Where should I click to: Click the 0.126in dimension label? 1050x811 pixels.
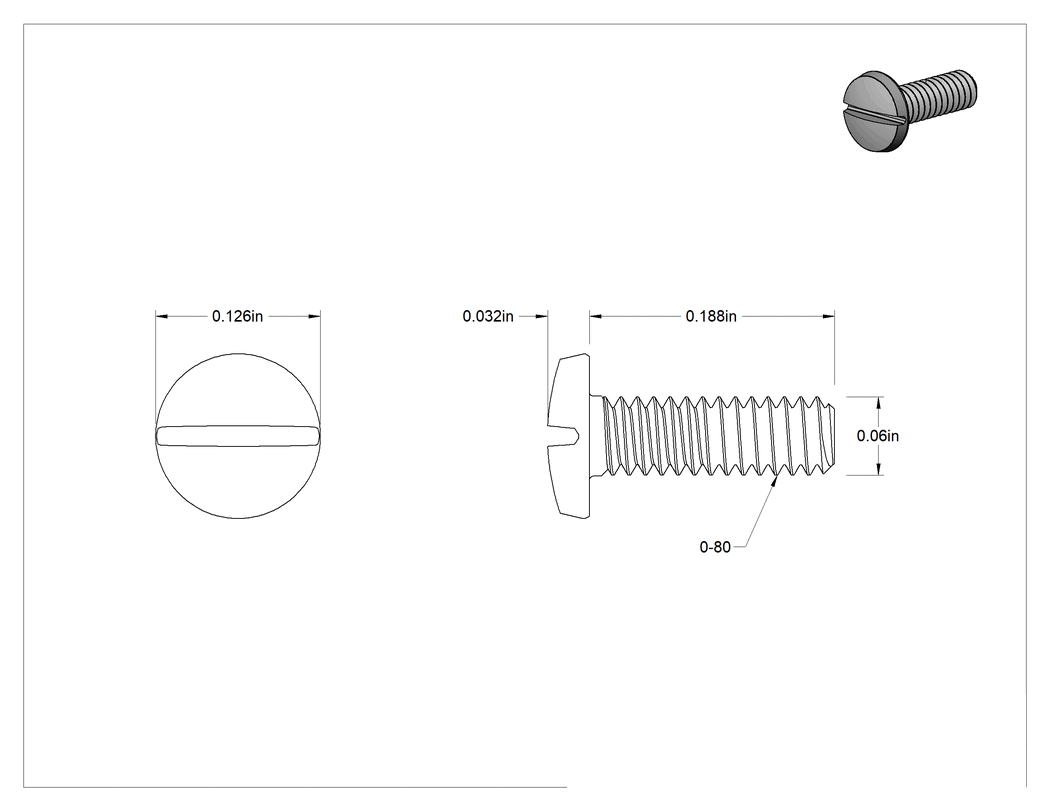237,316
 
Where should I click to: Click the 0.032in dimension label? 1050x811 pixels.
488,316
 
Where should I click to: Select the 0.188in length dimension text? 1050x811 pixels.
710,316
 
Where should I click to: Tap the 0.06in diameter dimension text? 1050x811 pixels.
877,436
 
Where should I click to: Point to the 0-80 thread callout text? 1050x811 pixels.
715,547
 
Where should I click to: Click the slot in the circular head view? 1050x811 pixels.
238,435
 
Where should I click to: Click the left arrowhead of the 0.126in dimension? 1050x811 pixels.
161,316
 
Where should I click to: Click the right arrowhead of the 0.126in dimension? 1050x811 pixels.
315,316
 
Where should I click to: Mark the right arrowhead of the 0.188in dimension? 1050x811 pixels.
829,316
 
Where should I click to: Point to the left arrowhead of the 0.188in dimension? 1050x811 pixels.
595,316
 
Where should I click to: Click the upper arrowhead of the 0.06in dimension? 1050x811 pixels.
878,402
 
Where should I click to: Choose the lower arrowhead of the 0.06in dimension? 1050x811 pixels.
878,469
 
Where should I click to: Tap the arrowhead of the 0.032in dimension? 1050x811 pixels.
542,316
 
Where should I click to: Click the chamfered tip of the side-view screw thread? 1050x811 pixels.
831,436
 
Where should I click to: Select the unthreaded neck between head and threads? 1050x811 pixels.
596,436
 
